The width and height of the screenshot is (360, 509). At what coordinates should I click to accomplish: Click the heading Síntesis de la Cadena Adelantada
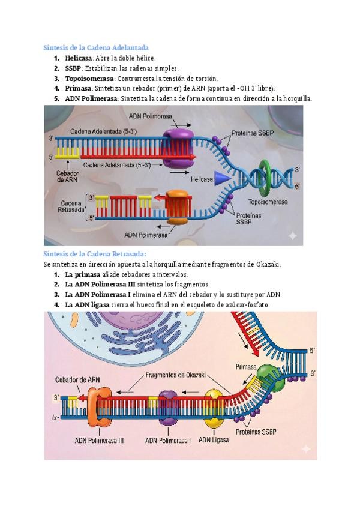tap(97, 47)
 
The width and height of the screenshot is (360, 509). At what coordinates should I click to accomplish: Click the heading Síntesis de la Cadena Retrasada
tap(95, 254)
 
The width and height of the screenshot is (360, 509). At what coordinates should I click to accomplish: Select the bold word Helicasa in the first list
tap(78, 58)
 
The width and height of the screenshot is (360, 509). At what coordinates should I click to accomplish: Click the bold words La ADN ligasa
tap(87, 305)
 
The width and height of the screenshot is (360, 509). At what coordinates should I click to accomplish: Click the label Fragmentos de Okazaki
tap(176, 375)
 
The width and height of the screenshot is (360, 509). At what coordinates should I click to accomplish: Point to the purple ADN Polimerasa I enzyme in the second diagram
tap(169, 404)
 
